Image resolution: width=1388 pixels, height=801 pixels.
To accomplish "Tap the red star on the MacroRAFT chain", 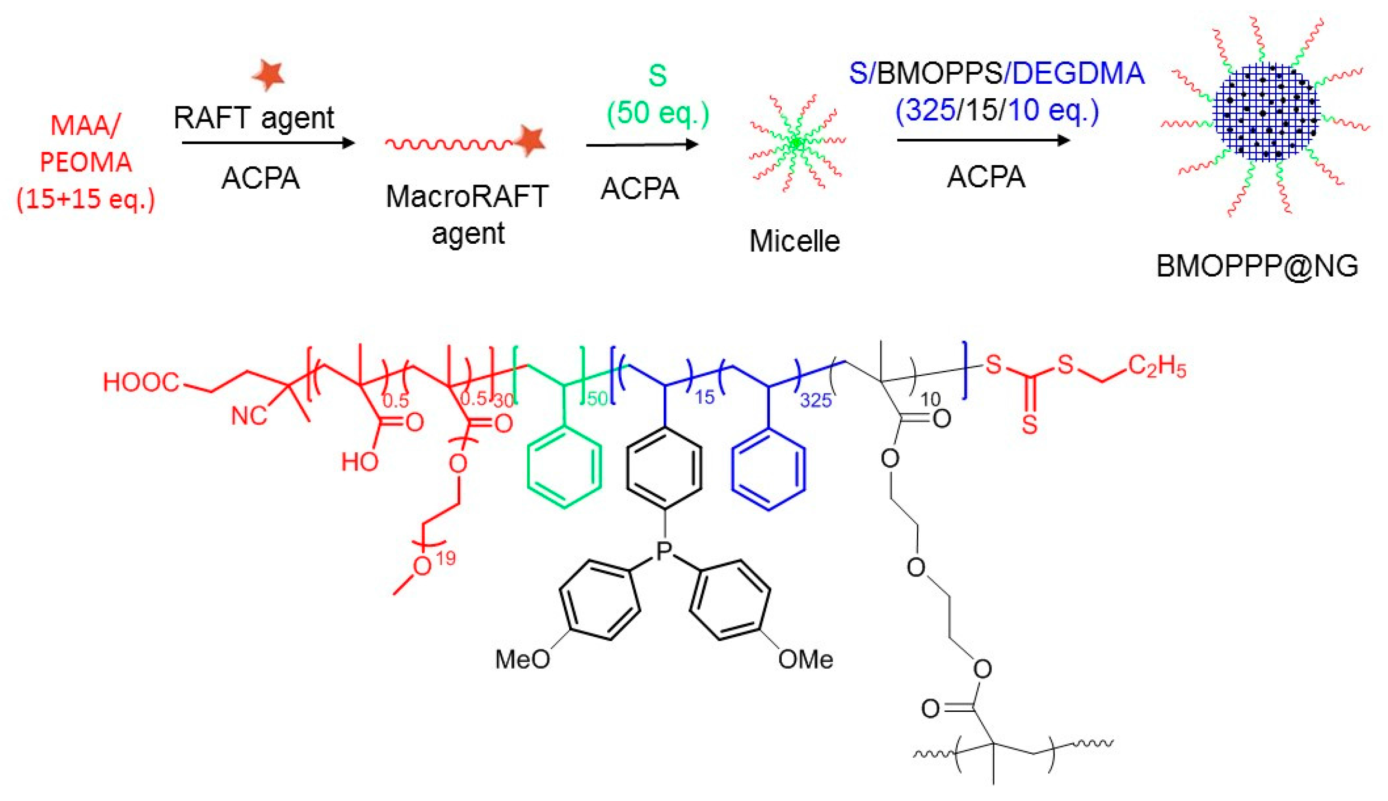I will click(x=531, y=141).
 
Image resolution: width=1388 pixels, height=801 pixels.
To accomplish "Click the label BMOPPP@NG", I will click(x=1257, y=266).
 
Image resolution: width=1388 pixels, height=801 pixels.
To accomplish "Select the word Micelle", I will click(x=794, y=241).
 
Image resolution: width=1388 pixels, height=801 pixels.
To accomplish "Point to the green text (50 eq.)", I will click(x=658, y=113).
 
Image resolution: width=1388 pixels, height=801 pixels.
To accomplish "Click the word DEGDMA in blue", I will click(x=1078, y=74).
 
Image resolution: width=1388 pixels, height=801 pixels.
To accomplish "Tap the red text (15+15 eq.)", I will click(x=86, y=198).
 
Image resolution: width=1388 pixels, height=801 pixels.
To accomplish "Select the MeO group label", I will click(x=522, y=659).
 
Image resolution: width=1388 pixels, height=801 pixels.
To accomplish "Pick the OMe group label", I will click(x=805, y=659).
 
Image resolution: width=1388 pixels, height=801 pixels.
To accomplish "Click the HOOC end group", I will click(x=141, y=382).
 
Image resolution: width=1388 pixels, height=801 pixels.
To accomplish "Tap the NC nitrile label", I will click(x=249, y=416).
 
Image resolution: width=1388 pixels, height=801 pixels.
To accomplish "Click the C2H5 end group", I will click(x=1157, y=367).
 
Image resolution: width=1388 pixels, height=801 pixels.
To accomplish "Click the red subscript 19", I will click(x=445, y=559).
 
